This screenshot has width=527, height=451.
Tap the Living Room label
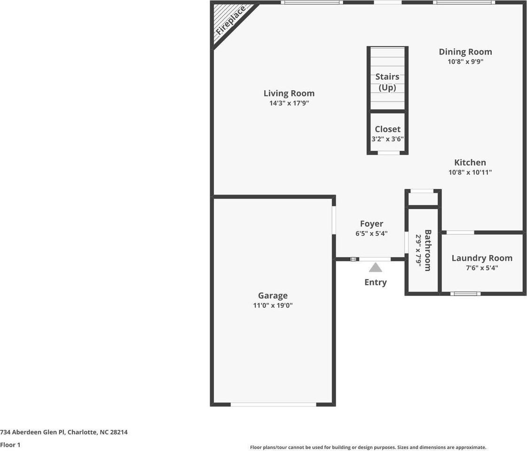coord(289,93)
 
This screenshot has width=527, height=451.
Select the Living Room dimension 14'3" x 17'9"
coord(289,103)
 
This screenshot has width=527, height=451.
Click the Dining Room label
coord(465,52)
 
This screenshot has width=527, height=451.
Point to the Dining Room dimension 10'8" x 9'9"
coord(465,62)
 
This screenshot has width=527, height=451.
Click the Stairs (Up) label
coord(387,82)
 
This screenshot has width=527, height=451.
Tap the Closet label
coord(387,129)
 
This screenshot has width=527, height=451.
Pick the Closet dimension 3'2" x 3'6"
coord(387,139)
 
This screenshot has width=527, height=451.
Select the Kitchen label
coord(470,163)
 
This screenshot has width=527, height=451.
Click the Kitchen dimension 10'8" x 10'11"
coord(470,172)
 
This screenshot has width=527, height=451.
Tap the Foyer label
coord(371,224)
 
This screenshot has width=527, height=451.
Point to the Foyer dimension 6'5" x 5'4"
coord(371,233)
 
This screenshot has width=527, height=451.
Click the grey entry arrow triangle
coord(375,268)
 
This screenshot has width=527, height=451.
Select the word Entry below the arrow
coord(375,282)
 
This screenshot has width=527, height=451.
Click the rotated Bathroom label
coord(428,250)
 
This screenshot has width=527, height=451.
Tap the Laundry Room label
coord(482,258)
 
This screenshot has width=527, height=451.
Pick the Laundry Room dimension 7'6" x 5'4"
coord(482,268)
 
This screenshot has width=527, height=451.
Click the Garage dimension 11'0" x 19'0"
coord(273,305)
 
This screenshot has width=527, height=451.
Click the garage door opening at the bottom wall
coord(273,404)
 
